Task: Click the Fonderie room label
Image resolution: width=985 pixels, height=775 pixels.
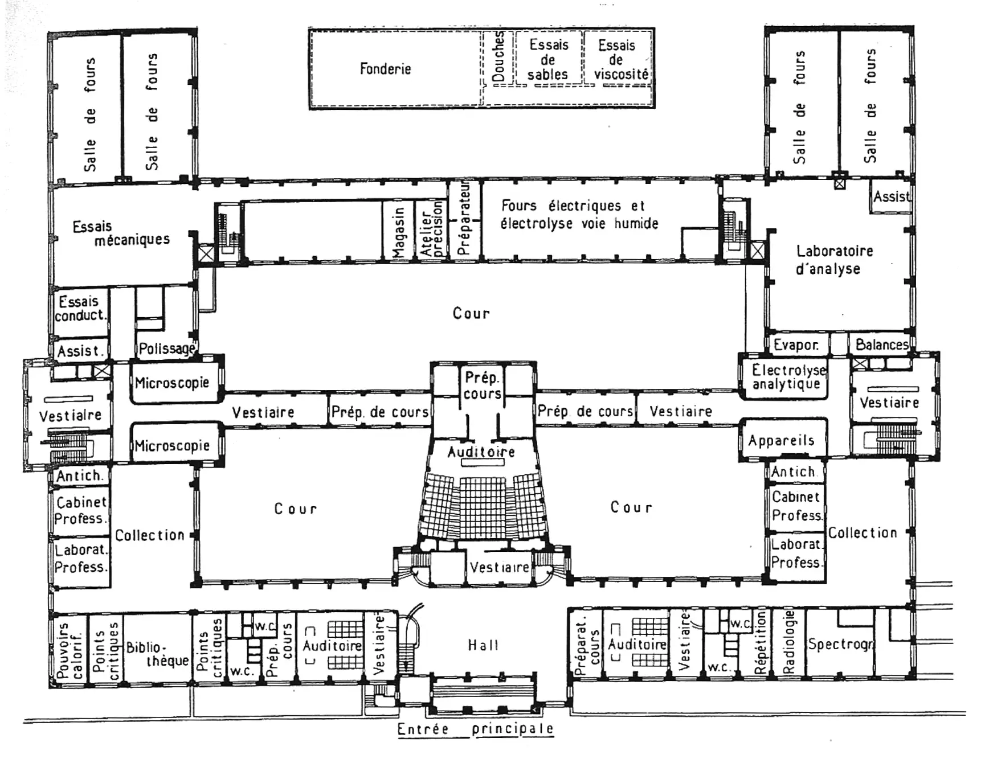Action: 385,69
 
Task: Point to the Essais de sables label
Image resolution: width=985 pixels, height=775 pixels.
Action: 548,59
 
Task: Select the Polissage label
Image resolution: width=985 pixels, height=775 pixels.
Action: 166,348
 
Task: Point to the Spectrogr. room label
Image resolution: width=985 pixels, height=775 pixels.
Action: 840,644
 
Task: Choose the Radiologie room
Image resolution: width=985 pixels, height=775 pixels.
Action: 788,642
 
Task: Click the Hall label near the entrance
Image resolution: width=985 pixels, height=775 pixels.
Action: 483,645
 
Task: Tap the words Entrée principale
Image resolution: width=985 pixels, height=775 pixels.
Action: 475,729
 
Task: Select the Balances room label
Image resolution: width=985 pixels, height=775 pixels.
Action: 881,345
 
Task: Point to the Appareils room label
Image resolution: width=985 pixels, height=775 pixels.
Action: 781,440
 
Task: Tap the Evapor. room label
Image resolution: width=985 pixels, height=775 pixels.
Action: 796,345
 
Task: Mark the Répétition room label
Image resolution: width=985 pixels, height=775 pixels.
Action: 761,642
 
